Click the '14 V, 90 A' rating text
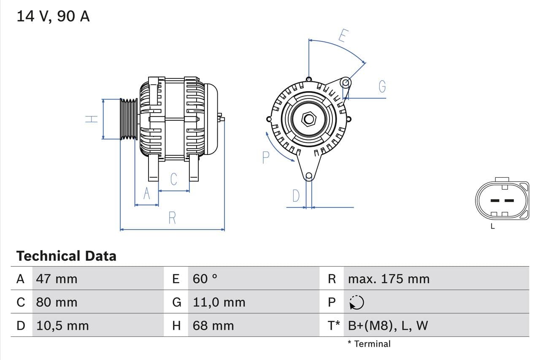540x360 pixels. [53, 16]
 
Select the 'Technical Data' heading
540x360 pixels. [66, 256]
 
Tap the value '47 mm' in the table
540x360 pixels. [57, 279]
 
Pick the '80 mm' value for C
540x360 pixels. [57, 302]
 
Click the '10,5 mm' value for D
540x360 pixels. [62, 325]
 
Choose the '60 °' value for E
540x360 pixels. [205, 279]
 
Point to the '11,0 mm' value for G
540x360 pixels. [219, 302]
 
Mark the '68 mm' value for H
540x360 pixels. [213, 325]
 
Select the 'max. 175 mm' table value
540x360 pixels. [389, 279]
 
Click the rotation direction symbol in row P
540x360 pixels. [356, 302]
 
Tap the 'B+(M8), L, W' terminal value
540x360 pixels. [388, 325]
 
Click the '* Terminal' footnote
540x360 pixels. [369, 344]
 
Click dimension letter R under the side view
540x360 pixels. [172, 218]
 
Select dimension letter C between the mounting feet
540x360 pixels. [174, 179]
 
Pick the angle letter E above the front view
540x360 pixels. [343, 37]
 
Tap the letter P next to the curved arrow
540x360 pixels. [265, 158]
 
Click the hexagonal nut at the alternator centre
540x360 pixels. [309, 119]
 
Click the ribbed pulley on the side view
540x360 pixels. [129, 119]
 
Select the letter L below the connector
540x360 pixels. [493, 227]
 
